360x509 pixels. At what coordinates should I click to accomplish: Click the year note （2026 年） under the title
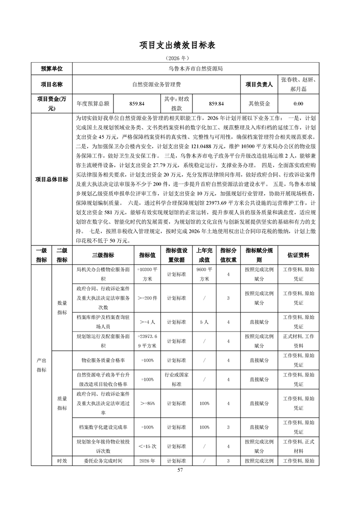coord(180,59)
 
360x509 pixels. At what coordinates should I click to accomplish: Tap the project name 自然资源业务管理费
coord(156,84)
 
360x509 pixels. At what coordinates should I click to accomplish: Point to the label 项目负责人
coord(259,84)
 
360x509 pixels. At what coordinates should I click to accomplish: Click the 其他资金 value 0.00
coord(298,103)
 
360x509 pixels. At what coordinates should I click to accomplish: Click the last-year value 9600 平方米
coord(204,274)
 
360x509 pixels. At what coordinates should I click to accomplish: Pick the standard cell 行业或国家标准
coord(176,379)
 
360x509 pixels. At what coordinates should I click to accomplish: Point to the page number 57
coord(180,470)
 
